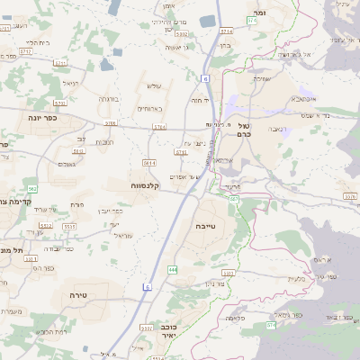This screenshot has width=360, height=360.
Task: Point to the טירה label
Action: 76,294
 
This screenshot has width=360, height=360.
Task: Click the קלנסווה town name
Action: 145,185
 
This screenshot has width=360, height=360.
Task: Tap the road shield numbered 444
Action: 172,269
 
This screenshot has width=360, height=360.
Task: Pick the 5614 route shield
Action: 149,163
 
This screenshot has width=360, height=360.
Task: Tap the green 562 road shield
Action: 32,188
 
